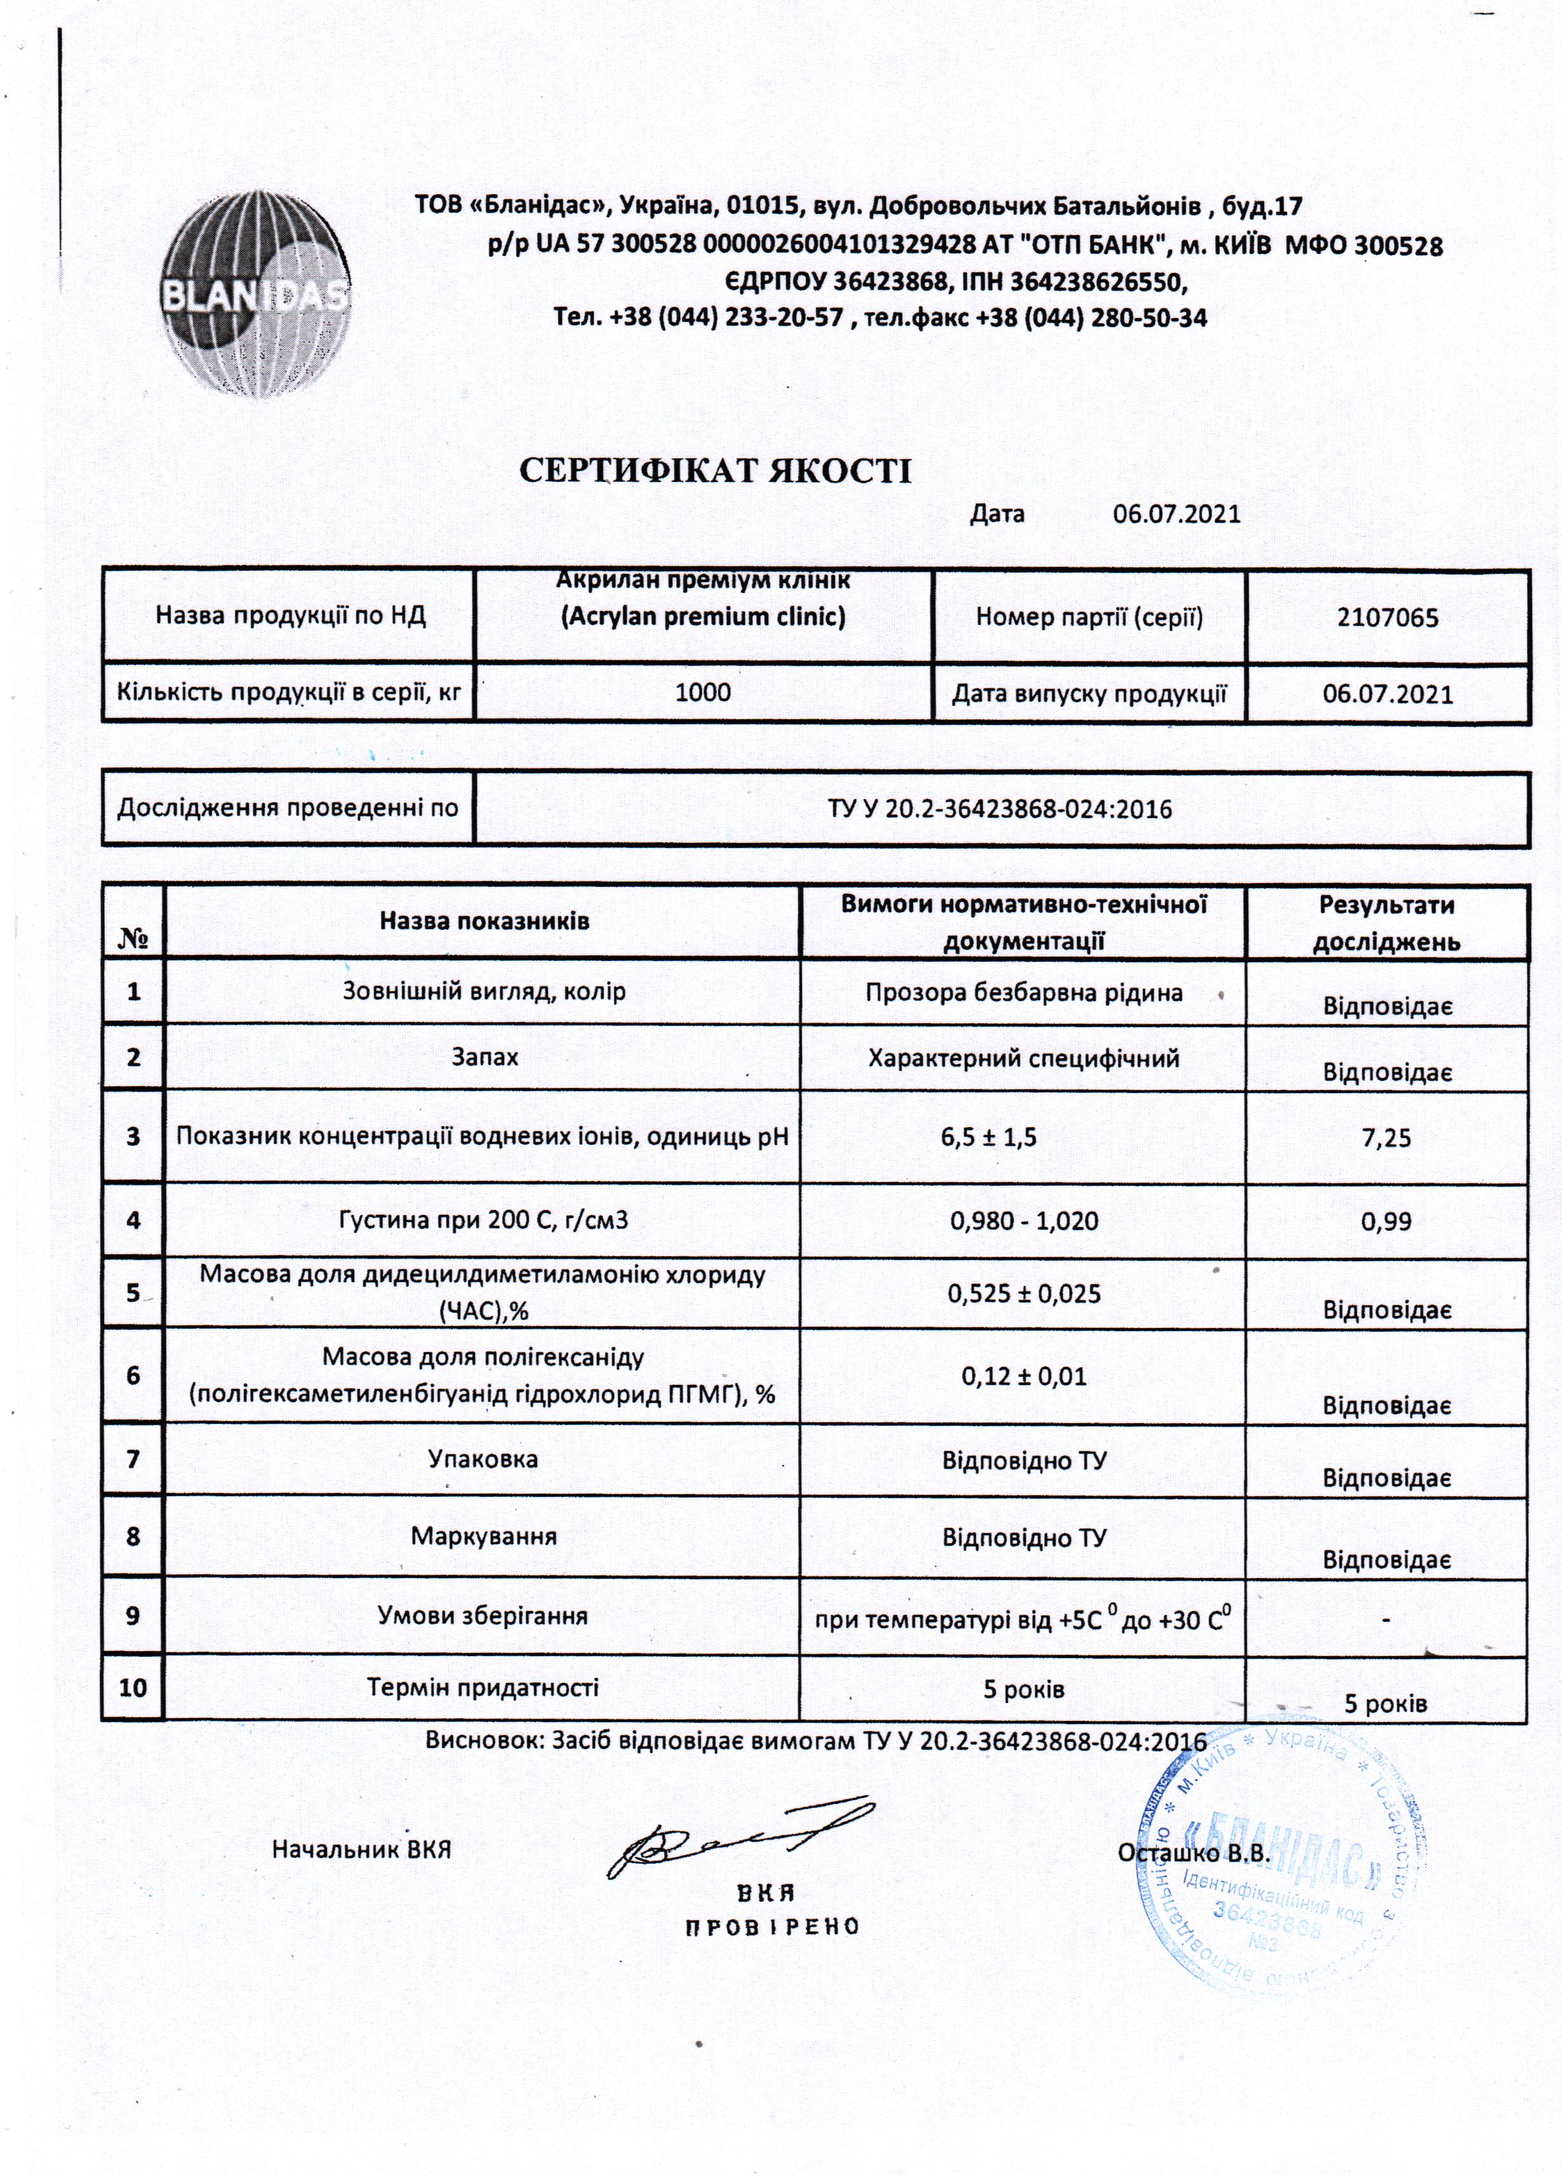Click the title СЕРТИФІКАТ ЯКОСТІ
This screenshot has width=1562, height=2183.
point(714,470)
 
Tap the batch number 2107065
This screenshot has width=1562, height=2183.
point(1387,618)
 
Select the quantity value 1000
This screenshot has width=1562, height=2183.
point(703,693)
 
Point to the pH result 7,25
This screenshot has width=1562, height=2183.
point(1386,1138)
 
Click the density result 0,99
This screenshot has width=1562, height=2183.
point(1386,1221)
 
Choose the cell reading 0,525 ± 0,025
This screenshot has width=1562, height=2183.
point(1024,1294)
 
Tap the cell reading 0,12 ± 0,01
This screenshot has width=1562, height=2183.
point(1024,1376)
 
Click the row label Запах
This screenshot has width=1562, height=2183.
point(484,1058)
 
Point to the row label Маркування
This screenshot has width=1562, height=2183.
point(484,1536)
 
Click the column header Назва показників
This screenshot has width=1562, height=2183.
point(484,920)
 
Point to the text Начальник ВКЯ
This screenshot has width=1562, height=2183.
point(362,1849)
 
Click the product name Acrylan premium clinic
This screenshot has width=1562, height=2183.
point(703,616)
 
